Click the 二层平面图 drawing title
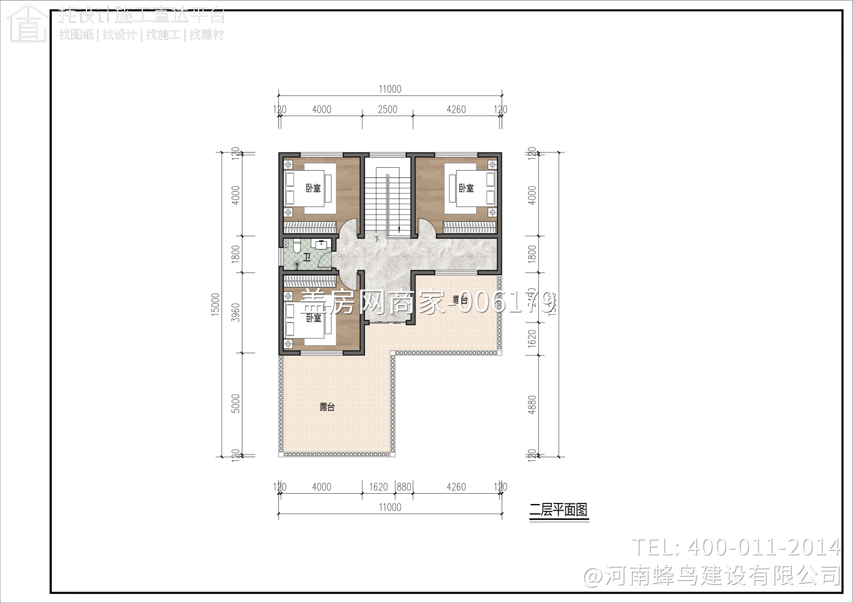coord(558,510)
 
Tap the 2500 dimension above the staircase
coord(388,109)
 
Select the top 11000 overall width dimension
coord(390,89)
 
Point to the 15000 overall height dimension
coord(215,304)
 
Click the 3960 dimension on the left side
coord(236,312)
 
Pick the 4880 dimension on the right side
coord(532,404)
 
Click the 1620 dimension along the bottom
coord(378,487)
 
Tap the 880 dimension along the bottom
coord(404,487)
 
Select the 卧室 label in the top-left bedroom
coord(313,188)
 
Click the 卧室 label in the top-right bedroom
coord(466,188)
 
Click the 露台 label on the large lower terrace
coord(327,407)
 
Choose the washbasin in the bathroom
coord(322,244)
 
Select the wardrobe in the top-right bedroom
coord(469,228)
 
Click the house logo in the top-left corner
coord(27,24)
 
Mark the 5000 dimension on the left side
coord(236,403)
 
